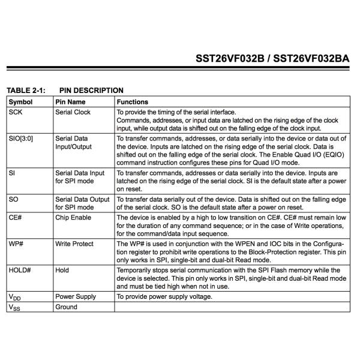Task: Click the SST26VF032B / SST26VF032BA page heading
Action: pos(272,59)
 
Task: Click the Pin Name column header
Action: pos(71,102)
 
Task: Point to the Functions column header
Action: pos(132,102)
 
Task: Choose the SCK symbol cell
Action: pos(16,112)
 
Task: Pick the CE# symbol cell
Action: pos(17,217)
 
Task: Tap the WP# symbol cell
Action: pos(17,244)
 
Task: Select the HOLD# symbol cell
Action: pos(20,271)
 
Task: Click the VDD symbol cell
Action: pos(16,297)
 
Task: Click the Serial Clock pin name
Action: pos(73,112)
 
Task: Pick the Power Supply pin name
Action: pos(76,296)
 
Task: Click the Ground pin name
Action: pos(66,307)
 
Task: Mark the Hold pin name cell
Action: pos(62,271)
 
